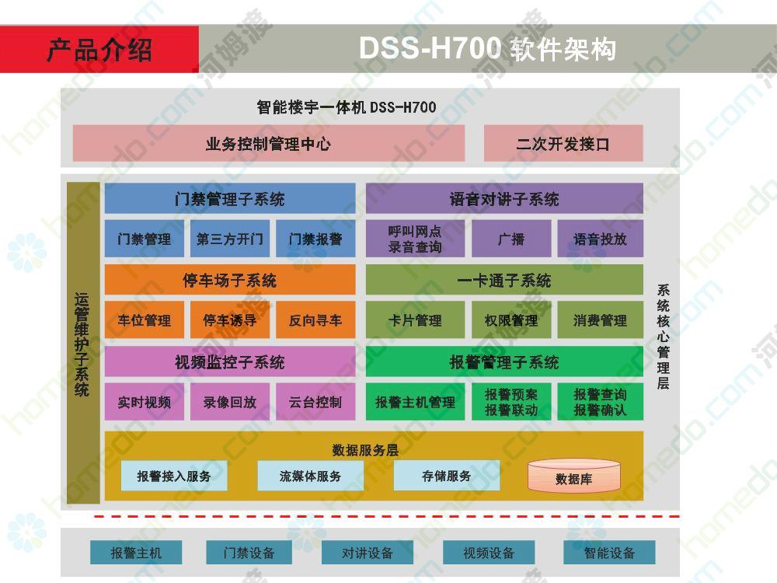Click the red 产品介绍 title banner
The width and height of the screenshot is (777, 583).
click(99, 50)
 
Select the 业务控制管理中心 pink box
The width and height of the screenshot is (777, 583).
click(269, 143)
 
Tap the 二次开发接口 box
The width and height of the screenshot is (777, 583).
click(563, 143)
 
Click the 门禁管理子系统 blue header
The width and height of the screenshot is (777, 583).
click(230, 199)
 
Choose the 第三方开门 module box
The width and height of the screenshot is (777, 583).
click(230, 239)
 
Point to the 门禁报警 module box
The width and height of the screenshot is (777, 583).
click(315, 239)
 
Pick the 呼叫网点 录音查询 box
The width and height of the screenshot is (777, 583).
click(415, 239)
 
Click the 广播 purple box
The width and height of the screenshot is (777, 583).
click(511, 239)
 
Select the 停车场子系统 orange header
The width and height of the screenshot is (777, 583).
click(230, 280)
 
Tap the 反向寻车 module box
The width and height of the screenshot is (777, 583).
click(315, 320)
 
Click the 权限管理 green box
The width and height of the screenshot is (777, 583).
click(511, 320)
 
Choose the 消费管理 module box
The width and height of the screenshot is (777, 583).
click(601, 320)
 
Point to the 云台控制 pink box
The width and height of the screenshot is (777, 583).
click(315, 402)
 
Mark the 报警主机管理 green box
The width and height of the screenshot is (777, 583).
click(415, 402)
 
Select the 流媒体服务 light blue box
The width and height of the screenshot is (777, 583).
click(310, 476)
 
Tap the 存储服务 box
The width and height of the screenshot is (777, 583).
click(447, 476)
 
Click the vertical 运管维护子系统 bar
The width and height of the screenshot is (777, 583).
click(83, 343)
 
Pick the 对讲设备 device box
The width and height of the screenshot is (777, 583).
click(368, 553)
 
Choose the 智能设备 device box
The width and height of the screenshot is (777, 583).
click(609, 553)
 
